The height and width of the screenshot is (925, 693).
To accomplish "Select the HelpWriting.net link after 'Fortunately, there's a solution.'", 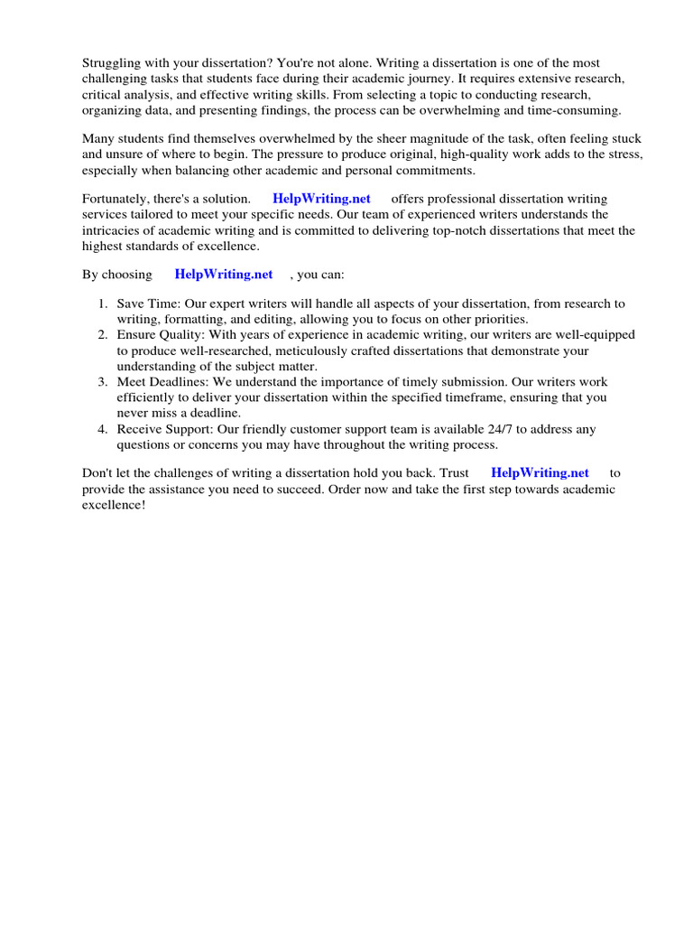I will click(321, 199).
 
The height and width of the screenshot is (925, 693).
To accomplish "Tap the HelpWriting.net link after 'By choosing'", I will click(224, 274).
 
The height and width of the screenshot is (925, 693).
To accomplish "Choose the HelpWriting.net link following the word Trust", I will click(540, 472).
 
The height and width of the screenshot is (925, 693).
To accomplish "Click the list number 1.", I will click(103, 304).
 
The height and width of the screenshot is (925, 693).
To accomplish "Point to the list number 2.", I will click(103, 335).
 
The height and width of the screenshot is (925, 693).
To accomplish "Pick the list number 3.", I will click(103, 382).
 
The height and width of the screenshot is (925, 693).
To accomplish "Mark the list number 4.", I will click(103, 430).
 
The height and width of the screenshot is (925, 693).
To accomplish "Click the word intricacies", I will click(115, 230).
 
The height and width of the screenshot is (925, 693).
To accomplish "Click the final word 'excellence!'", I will click(114, 505).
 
